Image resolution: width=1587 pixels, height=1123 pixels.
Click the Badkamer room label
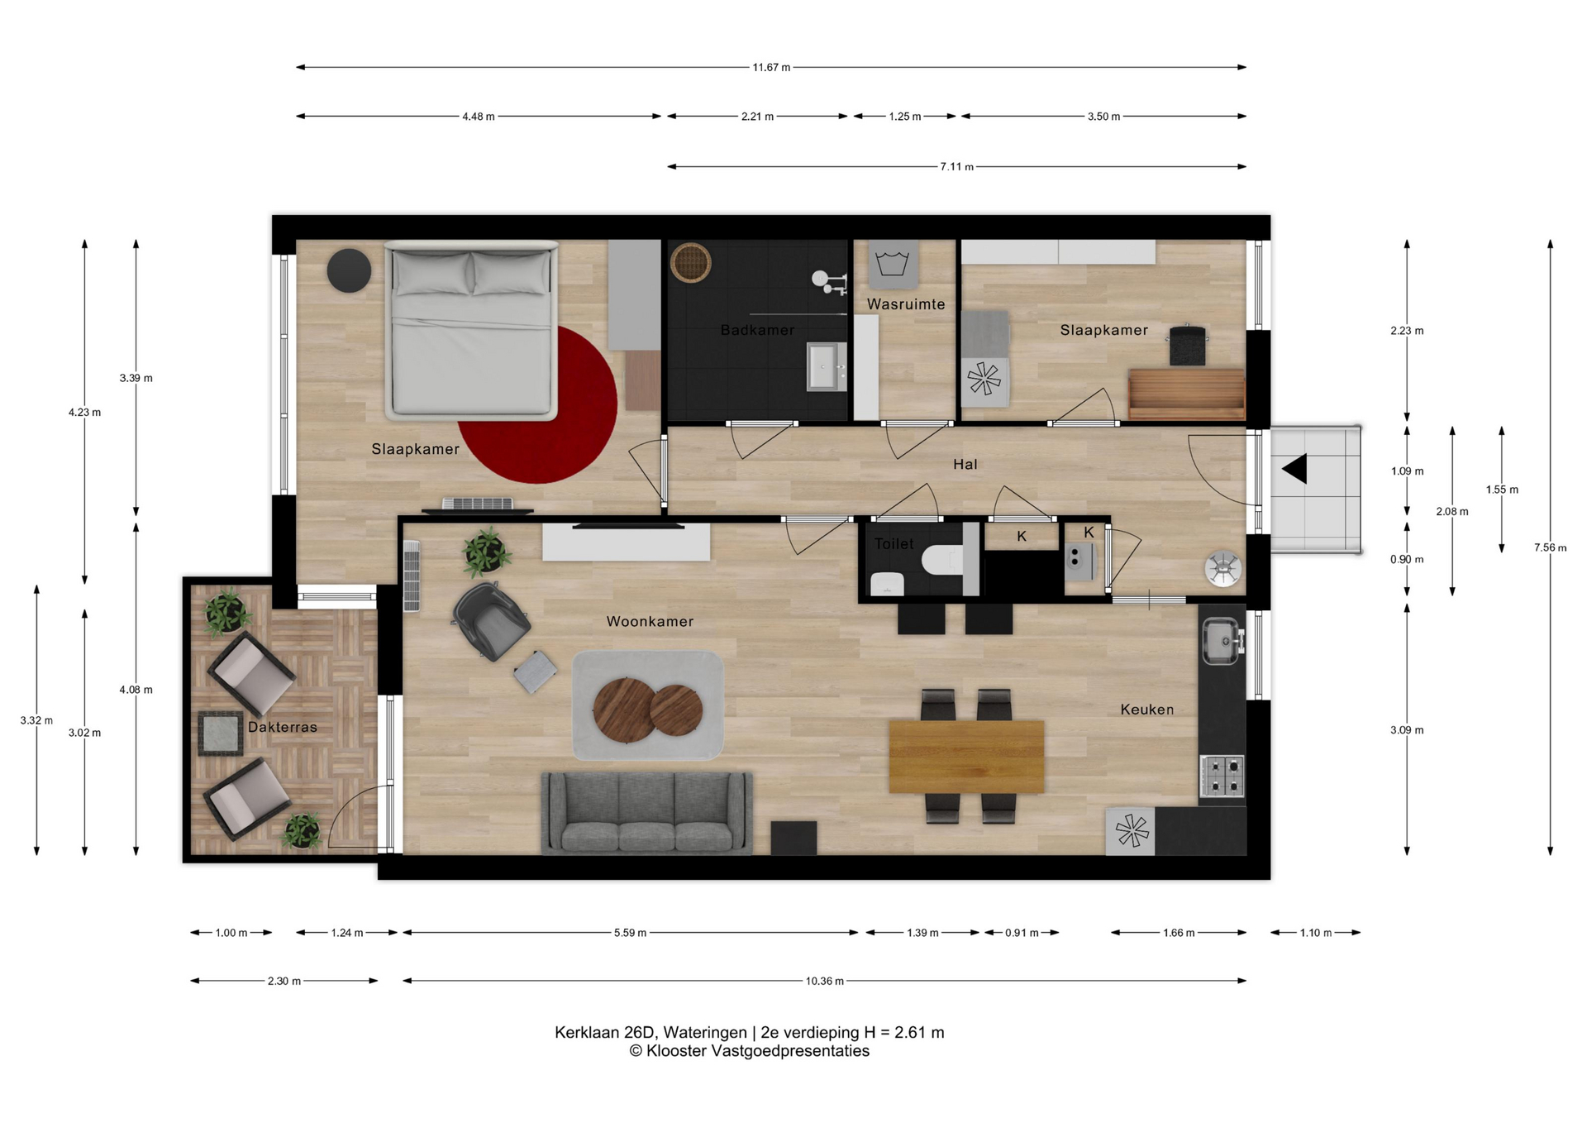757,330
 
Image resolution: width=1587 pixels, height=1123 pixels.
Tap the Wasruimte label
906,304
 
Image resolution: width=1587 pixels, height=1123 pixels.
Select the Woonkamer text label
650,621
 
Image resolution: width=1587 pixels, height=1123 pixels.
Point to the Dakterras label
283,727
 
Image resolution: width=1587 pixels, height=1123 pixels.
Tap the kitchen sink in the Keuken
1222,641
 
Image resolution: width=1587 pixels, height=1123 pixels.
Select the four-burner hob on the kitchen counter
1222,776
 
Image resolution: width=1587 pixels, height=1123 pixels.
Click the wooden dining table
966,757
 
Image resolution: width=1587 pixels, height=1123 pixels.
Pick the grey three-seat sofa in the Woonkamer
647,813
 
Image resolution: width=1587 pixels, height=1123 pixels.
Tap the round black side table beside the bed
349,270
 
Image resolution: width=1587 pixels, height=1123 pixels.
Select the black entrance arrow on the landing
1295,469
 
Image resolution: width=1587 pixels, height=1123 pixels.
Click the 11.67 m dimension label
771,67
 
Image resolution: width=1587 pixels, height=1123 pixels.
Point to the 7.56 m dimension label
1550,547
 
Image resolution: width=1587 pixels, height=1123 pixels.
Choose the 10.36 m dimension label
825,981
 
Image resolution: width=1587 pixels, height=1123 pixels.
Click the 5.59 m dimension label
630,933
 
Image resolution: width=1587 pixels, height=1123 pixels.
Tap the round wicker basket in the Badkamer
690,263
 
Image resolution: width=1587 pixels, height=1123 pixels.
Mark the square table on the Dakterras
221,734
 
